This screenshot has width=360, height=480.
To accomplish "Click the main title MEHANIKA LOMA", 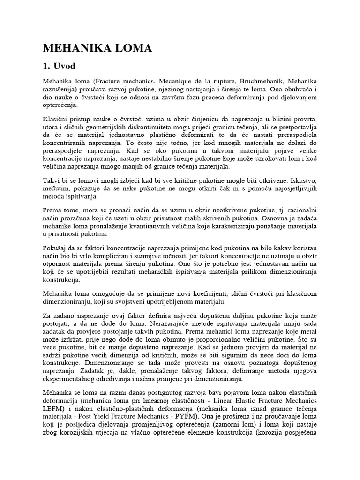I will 97,48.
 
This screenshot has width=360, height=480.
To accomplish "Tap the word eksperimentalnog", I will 71,379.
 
